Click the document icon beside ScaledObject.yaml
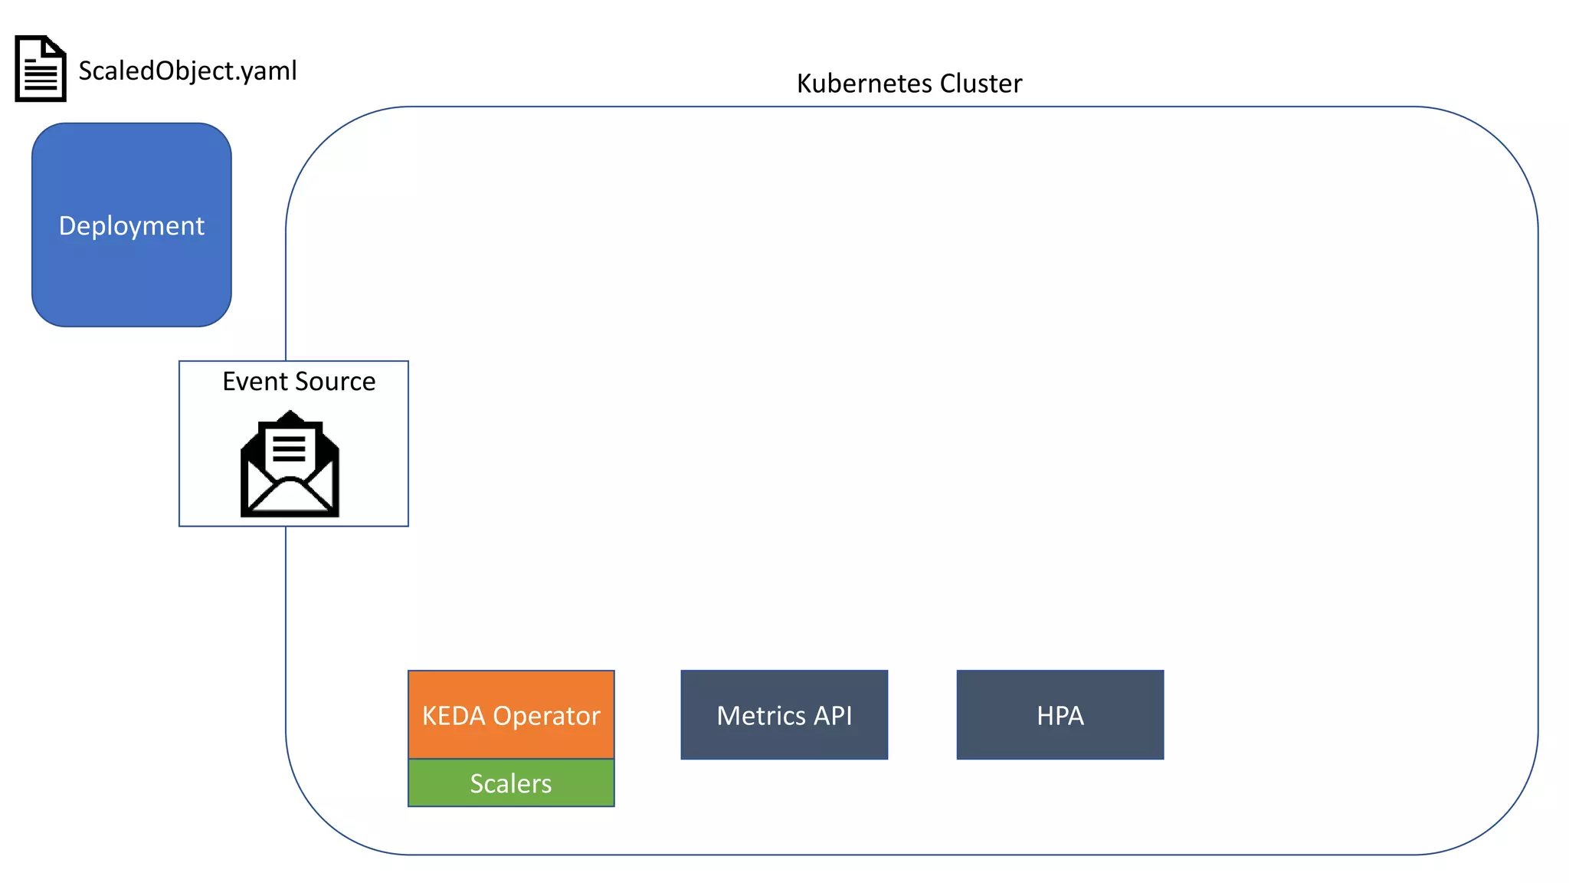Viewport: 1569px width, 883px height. click(41, 68)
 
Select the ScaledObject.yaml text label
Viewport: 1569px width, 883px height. click(187, 71)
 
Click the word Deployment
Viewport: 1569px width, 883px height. click(131, 226)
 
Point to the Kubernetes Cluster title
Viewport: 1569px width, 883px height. click(909, 83)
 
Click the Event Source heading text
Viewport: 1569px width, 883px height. click(299, 381)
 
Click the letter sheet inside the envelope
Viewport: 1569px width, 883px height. click(289, 448)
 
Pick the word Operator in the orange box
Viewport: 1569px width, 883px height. click(546, 716)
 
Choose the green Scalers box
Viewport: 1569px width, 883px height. click(511, 783)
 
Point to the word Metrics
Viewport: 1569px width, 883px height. click(761, 716)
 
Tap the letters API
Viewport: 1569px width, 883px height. click(833, 716)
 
